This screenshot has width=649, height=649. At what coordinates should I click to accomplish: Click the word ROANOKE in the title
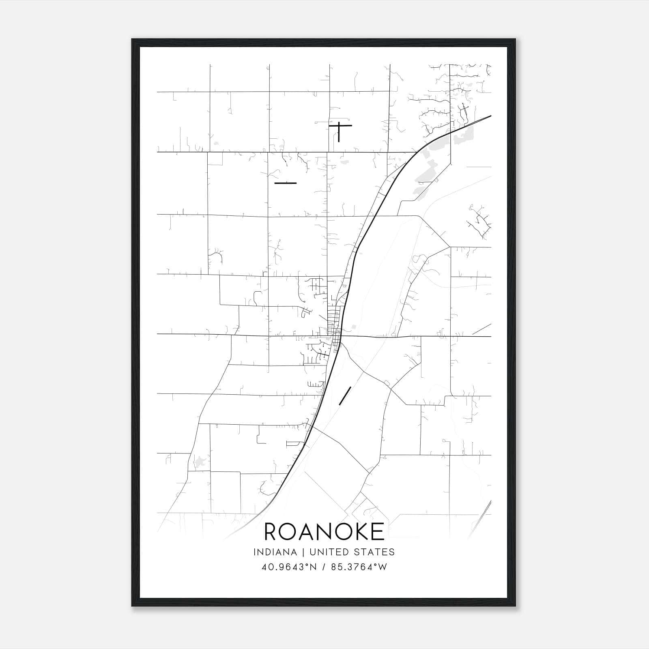point(324,532)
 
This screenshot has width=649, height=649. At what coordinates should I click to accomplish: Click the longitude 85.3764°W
point(359,567)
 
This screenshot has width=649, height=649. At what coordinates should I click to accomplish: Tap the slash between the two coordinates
point(324,567)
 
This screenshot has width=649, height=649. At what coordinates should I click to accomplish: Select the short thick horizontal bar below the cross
point(286,183)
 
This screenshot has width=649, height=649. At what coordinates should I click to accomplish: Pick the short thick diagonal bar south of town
point(344,395)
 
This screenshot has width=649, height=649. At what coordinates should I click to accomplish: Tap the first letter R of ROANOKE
point(271,532)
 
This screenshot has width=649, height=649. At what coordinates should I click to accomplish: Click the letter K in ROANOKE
point(359,532)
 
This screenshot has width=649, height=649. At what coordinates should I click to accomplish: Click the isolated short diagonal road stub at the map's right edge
point(482,329)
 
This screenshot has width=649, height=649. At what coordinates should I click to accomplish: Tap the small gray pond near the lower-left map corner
point(199,461)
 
